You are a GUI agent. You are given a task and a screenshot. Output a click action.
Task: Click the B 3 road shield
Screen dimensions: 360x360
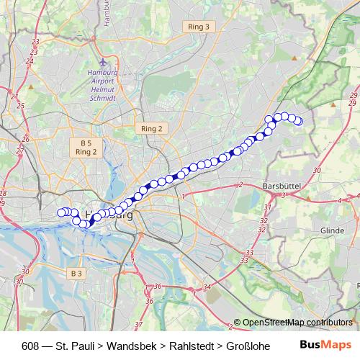click(77, 274)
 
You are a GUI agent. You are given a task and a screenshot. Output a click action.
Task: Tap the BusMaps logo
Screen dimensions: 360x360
click(323, 345)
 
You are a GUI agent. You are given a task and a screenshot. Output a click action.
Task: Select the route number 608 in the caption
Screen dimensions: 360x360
click(31, 345)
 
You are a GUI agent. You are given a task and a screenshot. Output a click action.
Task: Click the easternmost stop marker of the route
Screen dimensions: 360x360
click(298, 121)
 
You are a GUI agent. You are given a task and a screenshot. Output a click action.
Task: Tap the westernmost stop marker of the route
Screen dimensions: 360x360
click(61, 212)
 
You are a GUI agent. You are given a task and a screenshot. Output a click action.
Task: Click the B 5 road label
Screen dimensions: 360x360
click(86, 143)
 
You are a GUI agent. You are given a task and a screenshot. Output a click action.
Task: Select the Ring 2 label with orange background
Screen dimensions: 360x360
click(152, 128)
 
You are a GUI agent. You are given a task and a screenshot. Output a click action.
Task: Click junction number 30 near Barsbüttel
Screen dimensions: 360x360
click(318, 171)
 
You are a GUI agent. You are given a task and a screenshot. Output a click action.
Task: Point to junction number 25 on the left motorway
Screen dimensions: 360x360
click(20, 106)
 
